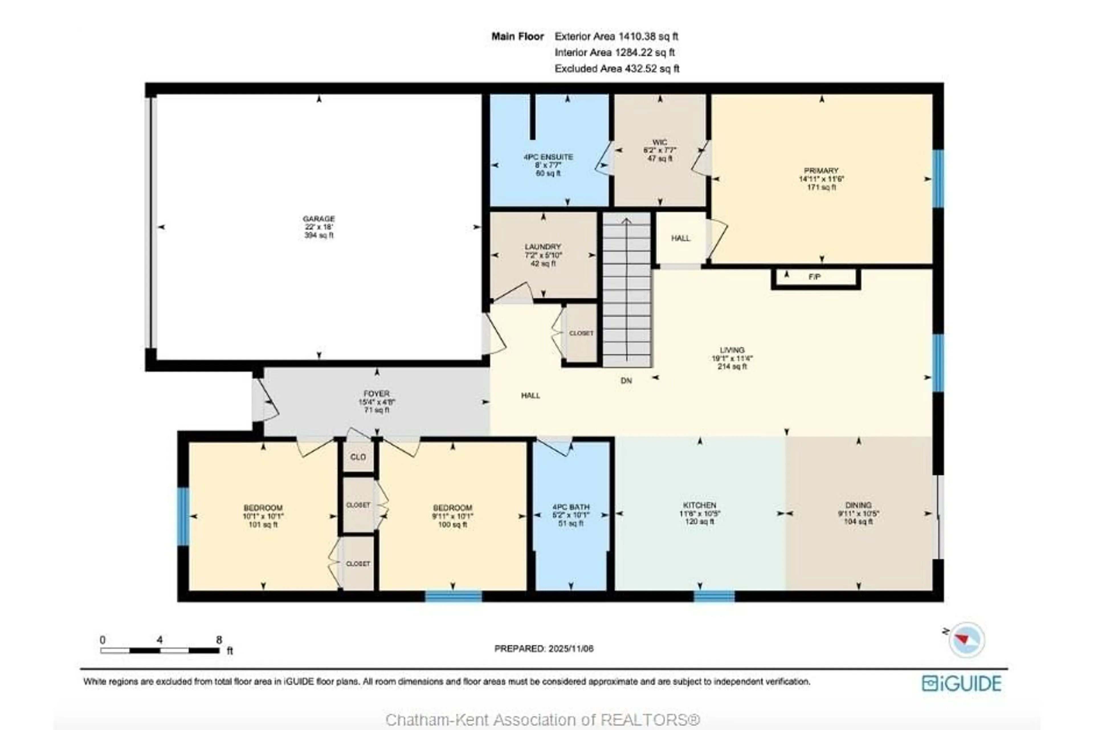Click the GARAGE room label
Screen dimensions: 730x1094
pos(319,218)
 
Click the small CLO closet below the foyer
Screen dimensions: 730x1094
pos(358,457)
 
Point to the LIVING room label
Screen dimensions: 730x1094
pos(732,350)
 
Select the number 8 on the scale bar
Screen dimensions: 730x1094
pos(219,640)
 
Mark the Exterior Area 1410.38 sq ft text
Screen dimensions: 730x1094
pos(616,36)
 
